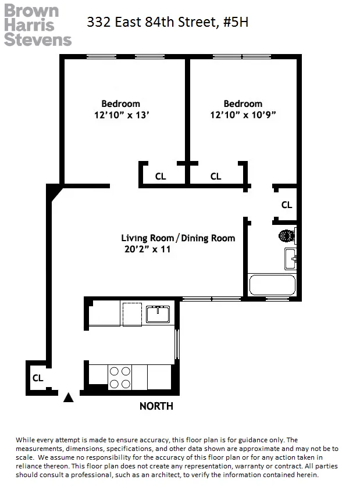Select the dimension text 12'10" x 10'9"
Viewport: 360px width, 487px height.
(x=243, y=115)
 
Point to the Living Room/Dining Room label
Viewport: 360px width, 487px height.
(x=178, y=238)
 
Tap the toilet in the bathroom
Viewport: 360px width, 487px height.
(x=287, y=236)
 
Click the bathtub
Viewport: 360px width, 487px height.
(x=272, y=285)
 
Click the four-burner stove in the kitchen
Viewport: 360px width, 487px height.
(x=120, y=377)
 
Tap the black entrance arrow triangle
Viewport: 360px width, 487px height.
(x=69, y=398)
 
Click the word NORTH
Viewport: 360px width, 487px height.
(x=156, y=406)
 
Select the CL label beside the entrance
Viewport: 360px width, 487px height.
(x=38, y=378)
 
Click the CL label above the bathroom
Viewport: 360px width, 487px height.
(x=286, y=205)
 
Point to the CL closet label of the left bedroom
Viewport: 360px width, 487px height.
(x=161, y=176)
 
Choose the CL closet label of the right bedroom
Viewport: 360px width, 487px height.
(x=216, y=176)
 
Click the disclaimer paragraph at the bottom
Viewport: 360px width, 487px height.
(x=177, y=457)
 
